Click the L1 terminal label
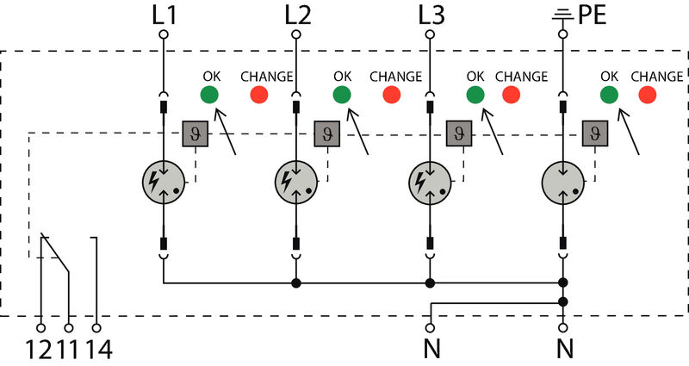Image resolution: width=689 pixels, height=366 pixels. click(163, 14)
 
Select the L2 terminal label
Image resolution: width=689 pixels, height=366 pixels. click(296, 14)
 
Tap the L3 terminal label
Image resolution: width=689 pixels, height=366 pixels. click(430, 14)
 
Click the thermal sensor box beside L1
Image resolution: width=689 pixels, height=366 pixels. click(194, 133)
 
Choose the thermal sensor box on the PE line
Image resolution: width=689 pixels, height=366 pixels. click(593, 133)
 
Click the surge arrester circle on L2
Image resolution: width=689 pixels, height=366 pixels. click(296, 182)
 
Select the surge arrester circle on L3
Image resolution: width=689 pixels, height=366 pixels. click(430, 182)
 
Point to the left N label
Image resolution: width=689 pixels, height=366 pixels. click(430, 350)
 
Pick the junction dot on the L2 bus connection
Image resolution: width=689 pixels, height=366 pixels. click(296, 282)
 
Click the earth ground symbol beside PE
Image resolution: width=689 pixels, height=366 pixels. click(562, 13)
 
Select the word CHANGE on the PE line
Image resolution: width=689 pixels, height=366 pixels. click(656, 77)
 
